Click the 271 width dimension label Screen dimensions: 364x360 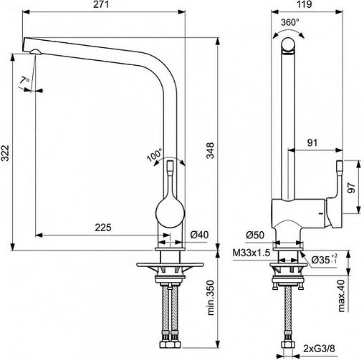pos(101,4)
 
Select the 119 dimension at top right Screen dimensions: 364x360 pos(304,4)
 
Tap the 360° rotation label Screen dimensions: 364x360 pos(289,23)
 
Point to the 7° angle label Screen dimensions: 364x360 pos(24,80)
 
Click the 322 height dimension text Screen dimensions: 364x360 pos(5,153)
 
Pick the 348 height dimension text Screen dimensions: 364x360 pos(210,150)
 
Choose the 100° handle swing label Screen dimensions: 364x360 pos(154,155)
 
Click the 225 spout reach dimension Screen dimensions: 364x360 pos(103,228)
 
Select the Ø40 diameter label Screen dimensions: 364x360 pos(199,235)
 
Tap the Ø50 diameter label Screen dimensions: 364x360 pos(255,235)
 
